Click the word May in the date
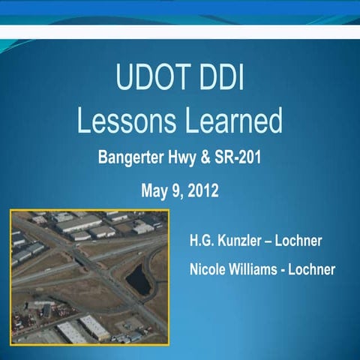(154, 190)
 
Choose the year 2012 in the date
(202, 190)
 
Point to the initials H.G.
(205, 241)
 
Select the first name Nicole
(211, 269)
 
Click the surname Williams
(259, 269)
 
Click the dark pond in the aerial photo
(137, 280)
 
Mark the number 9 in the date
(178, 190)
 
